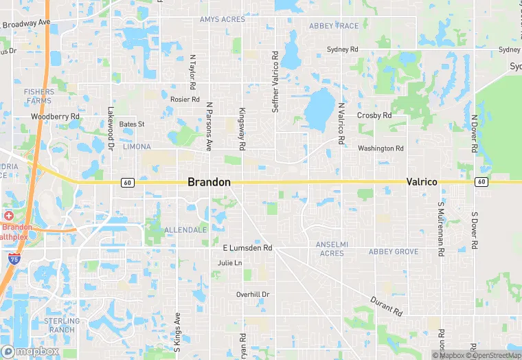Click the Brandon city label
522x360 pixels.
point(209,182)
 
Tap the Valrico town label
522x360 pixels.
point(422,182)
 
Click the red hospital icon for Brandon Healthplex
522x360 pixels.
point(8,216)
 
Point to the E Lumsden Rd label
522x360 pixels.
point(247,247)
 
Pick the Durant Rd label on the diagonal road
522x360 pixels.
point(385,306)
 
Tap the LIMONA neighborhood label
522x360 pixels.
point(136,147)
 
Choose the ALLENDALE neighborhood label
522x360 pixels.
point(186,229)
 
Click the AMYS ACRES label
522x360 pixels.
point(222,19)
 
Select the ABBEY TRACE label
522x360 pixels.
point(334,26)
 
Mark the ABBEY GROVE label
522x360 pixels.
point(394,252)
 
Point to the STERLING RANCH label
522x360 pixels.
point(63,325)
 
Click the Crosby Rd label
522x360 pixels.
point(374,115)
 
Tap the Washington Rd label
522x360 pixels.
point(381,148)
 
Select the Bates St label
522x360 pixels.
point(132,124)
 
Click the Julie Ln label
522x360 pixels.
point(229,263)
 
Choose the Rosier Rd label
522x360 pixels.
point(185,98)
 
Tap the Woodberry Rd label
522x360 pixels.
point(55,117)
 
